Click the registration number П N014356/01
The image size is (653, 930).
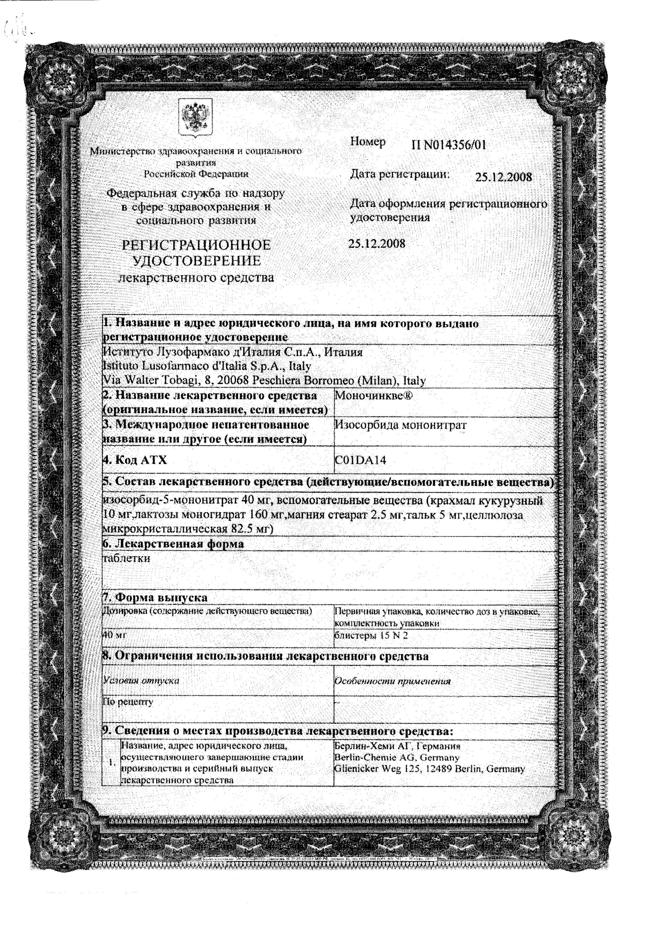click(x=449, y=145)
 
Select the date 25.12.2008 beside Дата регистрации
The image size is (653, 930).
click(x=503, y=177)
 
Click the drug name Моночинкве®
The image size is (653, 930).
click(x=374, y=396)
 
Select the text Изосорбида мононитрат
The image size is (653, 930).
click(x=401, y=425)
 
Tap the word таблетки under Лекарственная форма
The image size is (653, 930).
click(x=126, y=558)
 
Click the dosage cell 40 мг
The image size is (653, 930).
click(x=115, y=635)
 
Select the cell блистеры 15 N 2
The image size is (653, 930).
click(x=371, y=635)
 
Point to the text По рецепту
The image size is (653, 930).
click(x=128, y=701)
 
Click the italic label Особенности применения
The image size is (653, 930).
click(x=392, y=681)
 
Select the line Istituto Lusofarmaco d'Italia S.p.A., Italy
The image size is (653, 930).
click(x=207, y=366)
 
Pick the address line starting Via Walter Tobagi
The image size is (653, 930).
click(x=264, y=381)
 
